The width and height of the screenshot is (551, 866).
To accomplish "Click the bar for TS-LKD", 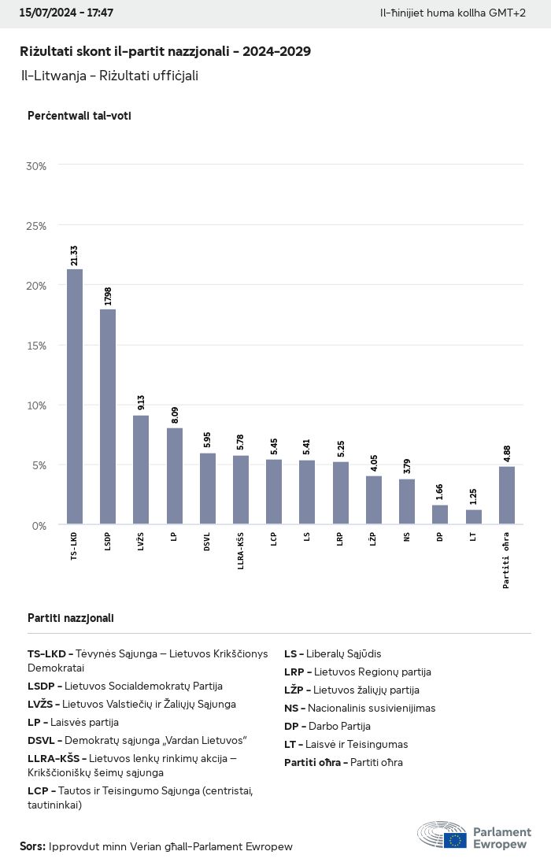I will [75, 397].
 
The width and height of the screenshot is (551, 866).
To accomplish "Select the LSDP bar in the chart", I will [108, 416].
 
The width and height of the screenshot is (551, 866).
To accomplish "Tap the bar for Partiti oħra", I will [507, 495].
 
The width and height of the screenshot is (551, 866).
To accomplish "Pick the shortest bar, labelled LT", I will [474, 517].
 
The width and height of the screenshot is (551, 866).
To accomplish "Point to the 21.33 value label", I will [74, 255].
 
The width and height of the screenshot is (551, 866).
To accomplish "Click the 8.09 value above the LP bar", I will [174, 415].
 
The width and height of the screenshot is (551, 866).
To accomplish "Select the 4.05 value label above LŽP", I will [374, 463].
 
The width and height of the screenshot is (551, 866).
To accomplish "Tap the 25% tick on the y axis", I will [36, 226].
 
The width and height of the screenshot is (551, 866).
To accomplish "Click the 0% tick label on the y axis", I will [39, 525].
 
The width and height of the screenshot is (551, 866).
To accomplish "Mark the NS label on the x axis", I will [407, 539].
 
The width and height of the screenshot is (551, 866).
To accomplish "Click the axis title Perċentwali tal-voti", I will [79, 116].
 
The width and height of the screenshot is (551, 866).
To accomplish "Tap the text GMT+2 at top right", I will [508, 13].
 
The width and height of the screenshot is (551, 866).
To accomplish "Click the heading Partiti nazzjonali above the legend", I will [71, 618].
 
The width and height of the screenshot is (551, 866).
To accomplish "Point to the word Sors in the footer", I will [31, 846].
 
